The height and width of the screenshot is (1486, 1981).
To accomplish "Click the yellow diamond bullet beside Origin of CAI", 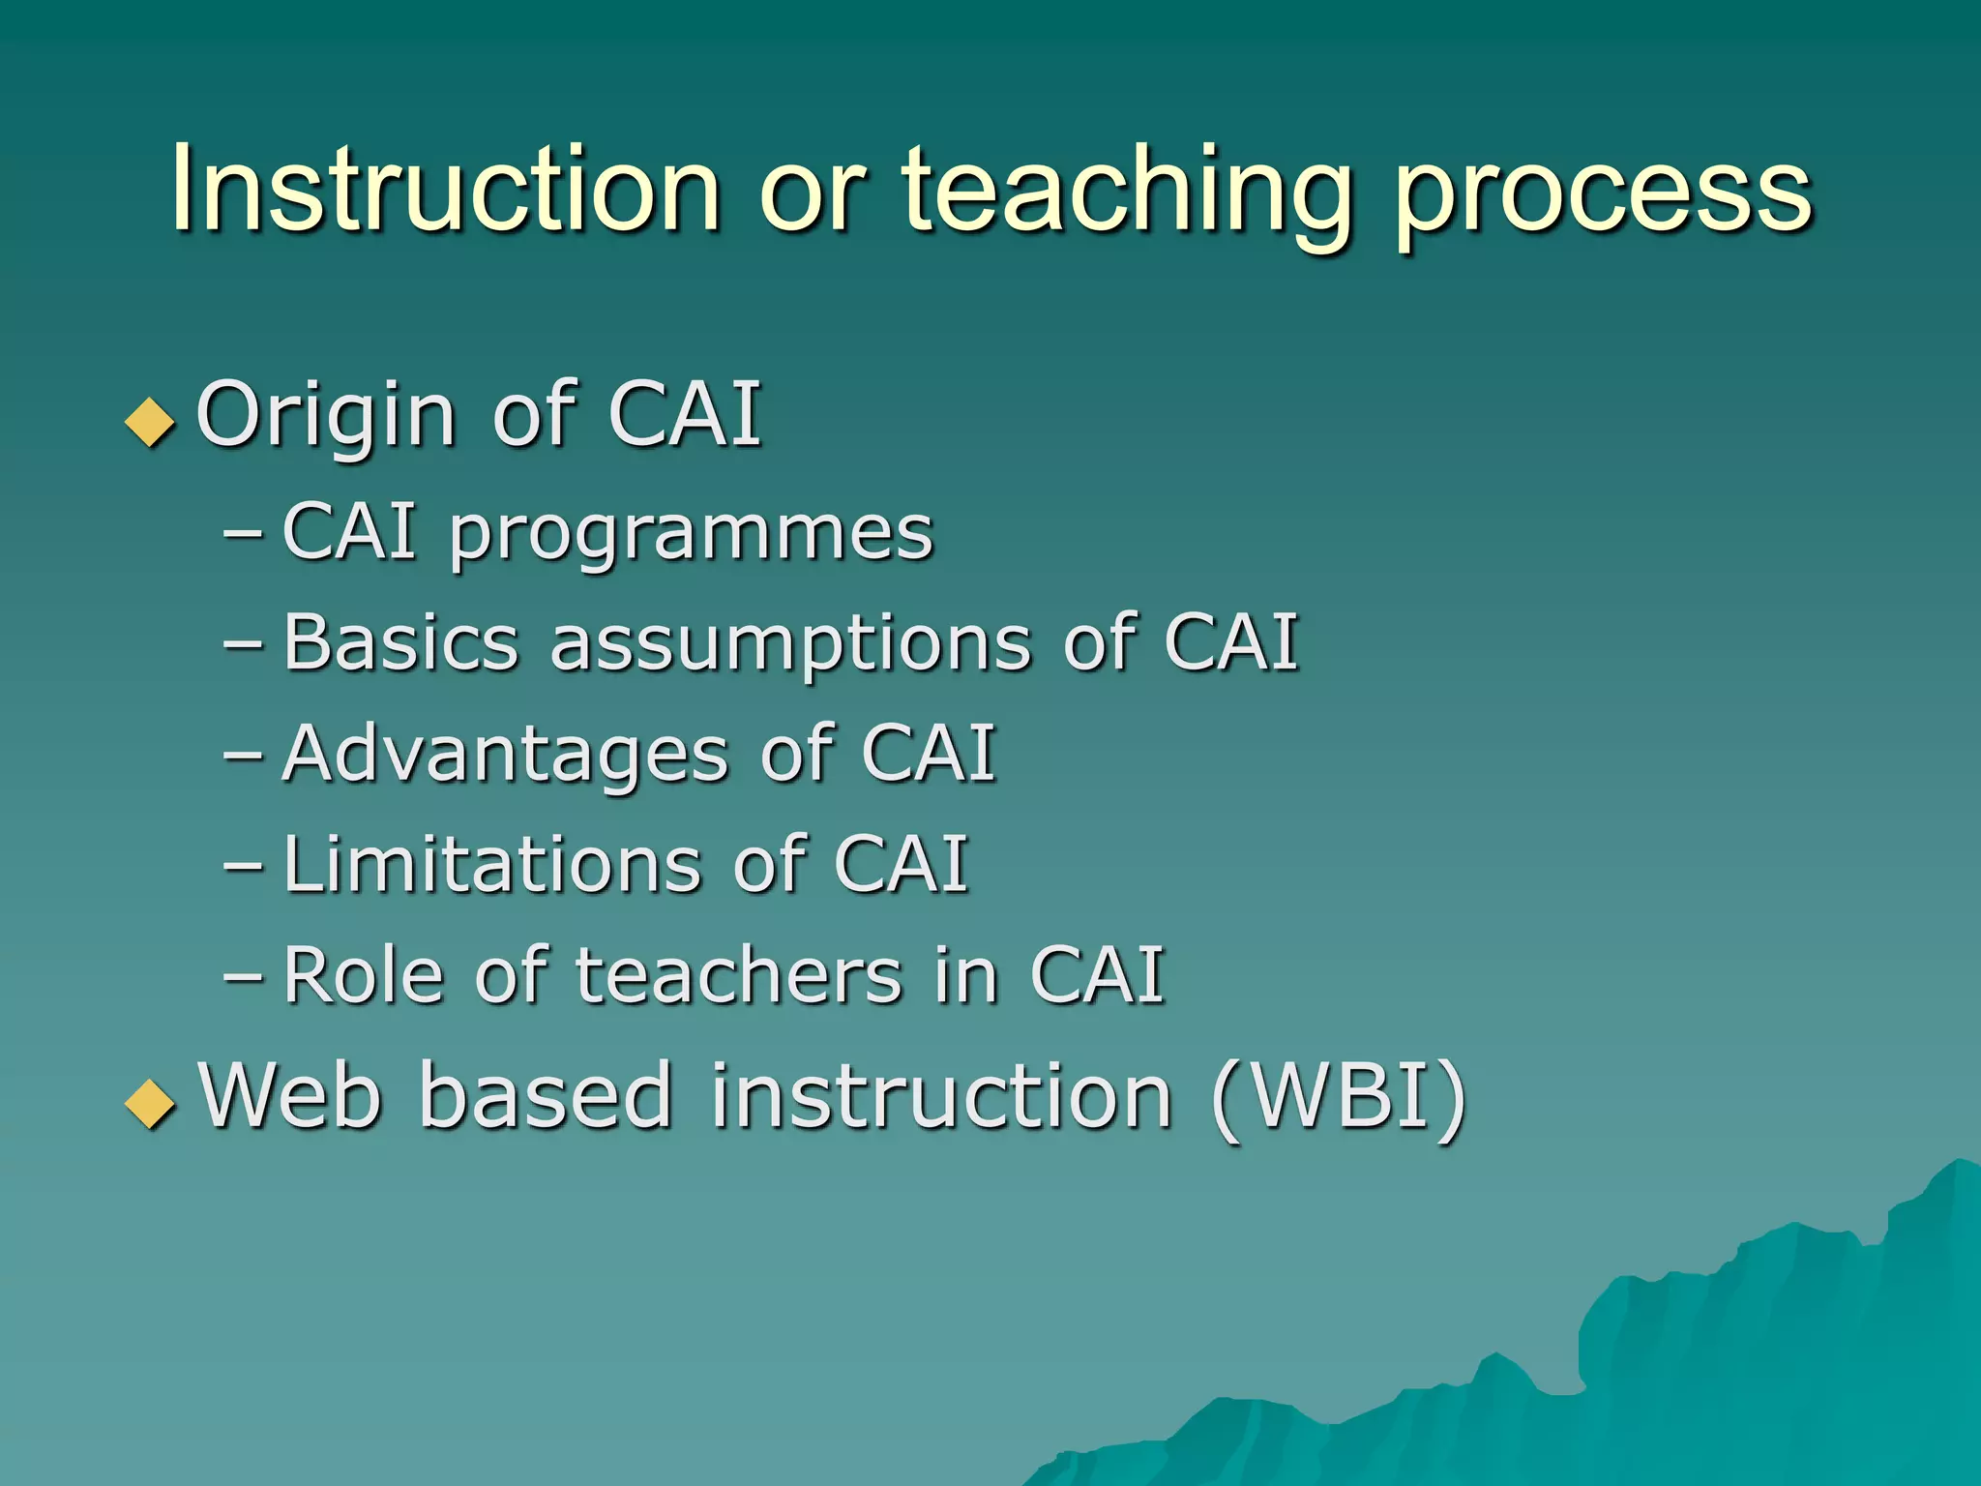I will [x=151, y=422].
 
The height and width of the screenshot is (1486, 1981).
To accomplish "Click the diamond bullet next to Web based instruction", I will [x=151, y=1103].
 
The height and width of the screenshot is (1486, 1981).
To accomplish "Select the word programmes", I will [x=691, y=535].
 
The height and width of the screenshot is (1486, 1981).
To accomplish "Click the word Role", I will [x=363, y=975].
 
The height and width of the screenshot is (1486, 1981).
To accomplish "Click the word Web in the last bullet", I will [x=289, y=1096].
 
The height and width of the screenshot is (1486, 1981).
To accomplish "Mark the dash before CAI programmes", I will [x=242, y=533].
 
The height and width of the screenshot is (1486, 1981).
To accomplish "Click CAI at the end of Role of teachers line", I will [x=1097, y=975].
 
